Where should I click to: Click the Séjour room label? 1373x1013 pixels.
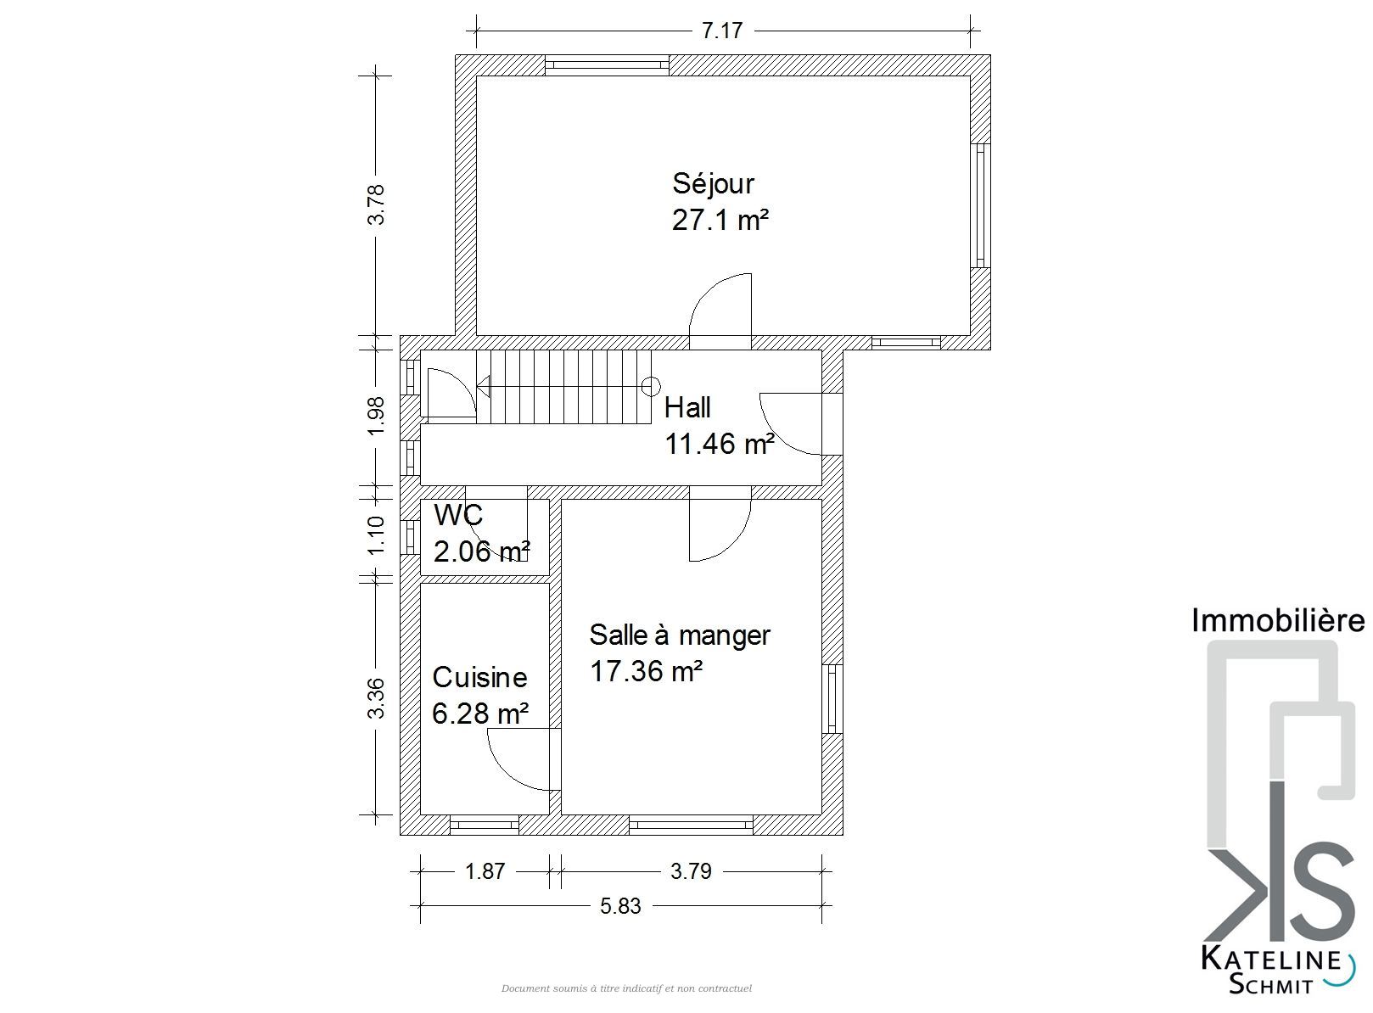point(713,184)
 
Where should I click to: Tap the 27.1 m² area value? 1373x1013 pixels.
point(720,220)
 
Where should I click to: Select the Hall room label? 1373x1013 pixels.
point(687,408)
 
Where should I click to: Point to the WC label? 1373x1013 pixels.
point(458,515)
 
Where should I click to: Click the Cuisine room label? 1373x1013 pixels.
point(479,677)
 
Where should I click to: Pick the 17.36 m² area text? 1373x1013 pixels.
point(647,671)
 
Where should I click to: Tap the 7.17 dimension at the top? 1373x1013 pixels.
point(722,31)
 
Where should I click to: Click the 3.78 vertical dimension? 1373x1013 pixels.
point(376,204)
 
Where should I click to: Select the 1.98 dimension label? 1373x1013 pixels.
point(376,416)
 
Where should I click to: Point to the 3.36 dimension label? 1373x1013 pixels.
point(376,698)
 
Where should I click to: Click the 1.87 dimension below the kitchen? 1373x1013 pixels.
point(485,871)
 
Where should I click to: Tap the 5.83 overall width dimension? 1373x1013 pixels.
point(620,906)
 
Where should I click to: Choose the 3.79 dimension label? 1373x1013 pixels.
point(691,871)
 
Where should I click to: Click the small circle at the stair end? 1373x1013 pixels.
point(651,387)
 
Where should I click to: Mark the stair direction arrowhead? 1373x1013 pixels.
point(483,387)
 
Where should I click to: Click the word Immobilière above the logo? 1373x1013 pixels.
point(1278,620)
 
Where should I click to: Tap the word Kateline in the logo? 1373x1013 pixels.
point(1271,960)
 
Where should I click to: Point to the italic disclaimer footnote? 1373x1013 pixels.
point(626,989)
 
